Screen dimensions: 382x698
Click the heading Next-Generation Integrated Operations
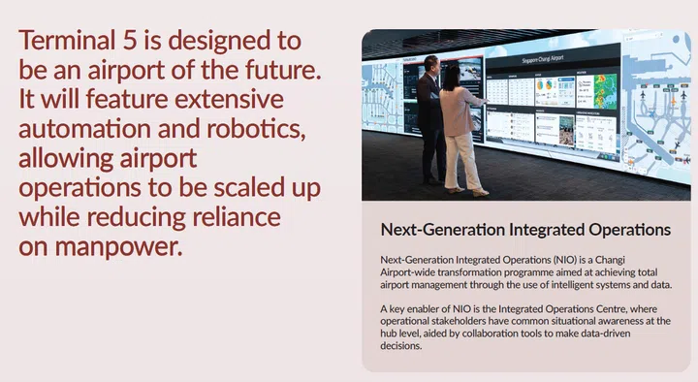click(524, 230)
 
